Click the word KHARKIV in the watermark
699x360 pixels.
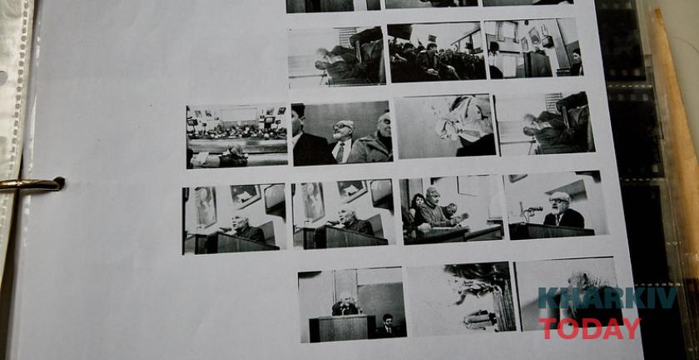[607, 298]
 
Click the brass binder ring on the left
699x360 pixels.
[32, 184]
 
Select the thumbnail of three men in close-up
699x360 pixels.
[342, 133]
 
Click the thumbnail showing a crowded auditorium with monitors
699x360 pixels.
[236, 136]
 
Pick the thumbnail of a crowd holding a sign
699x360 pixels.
[437, 52]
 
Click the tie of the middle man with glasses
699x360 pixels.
[340, 152]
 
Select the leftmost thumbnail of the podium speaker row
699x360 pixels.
[234, 219]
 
